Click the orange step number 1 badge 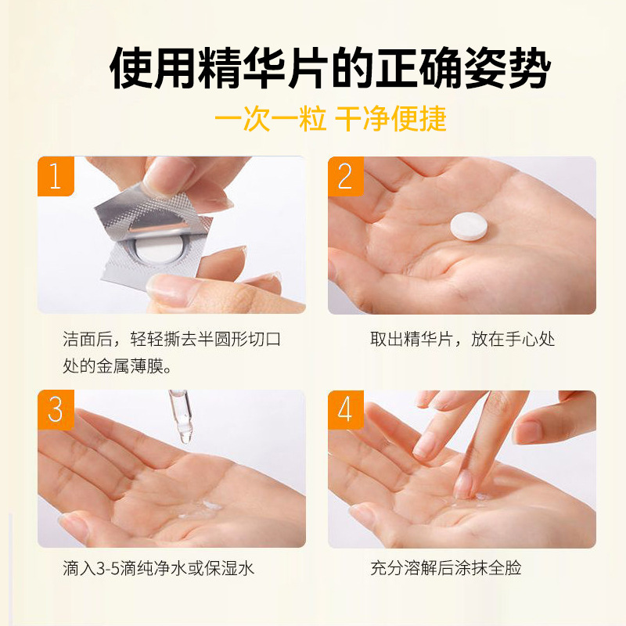(56, 176)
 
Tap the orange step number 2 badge (346, 176)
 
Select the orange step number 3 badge (56, 409)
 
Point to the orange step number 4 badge (346, 409)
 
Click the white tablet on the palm (469, 226)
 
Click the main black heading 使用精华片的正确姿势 (330, 68)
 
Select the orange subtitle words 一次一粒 (270, 119)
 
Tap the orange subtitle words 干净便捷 (390, 119)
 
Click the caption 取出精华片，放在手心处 (462, 340)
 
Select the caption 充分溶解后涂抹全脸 (445, 568)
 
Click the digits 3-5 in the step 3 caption (108, 569)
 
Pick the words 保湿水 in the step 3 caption (229, 568)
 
